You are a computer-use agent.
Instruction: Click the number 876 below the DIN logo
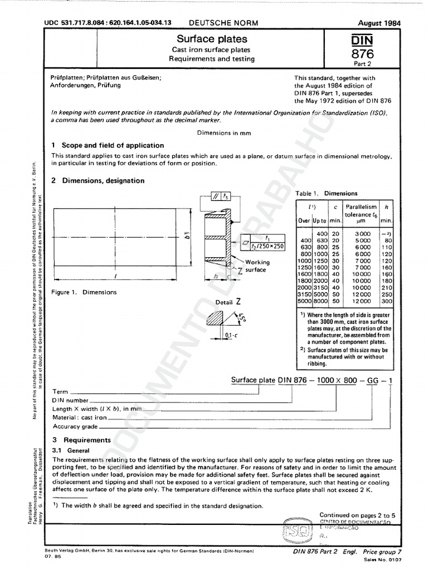pos(362,53)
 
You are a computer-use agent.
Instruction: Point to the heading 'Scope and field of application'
pos(113,145)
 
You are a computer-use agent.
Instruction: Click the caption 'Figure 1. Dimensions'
pos(84,292)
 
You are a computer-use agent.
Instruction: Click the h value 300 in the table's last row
pos(387,301)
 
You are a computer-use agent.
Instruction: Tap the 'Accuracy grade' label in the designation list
pos(75,426)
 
